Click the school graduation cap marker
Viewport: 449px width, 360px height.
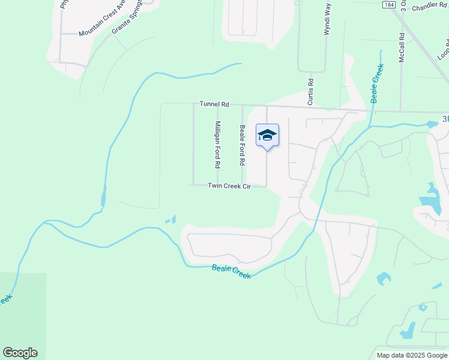(x=267, y=136)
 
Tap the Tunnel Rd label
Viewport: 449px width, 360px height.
(x=215, y=104)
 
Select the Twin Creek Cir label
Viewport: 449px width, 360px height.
(x=229, y=186)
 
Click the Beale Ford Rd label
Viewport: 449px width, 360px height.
(x=243, y=146)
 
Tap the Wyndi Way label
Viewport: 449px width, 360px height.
(x=327, y=19)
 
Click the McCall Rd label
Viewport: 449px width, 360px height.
(x=402, y=47)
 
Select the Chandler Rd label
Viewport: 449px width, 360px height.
(x=429, y=6)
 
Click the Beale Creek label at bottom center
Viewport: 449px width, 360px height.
(x=231, y=272)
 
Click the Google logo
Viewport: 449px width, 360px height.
(x=20, y=353)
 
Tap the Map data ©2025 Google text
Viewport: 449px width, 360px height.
(x=411, y=355)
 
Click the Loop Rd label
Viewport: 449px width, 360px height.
(x=443, y=48)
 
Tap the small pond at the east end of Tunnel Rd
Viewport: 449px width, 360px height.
(x=432, y=124)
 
